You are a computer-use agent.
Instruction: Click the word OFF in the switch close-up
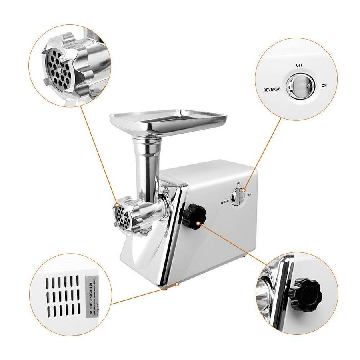pos(299,65)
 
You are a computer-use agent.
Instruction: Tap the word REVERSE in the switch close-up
pos(272,90)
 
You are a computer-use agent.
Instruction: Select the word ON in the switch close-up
pos(324,86)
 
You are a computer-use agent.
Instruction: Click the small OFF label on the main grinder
pos(239,183)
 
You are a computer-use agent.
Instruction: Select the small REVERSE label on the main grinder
pos(225,202)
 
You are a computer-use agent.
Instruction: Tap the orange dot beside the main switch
pos(244,192)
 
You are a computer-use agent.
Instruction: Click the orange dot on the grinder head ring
pos(118,205)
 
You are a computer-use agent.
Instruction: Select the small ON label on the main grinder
pos(249,195)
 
